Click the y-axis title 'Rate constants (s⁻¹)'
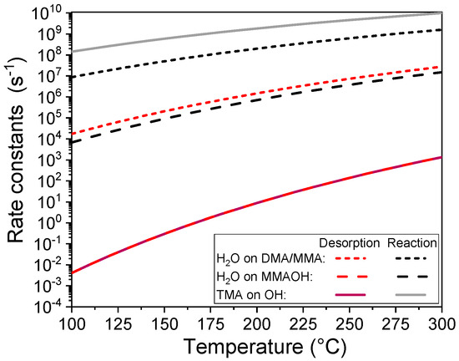click(x=18, y=159)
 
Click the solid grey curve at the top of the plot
click(x=250, y=32)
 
